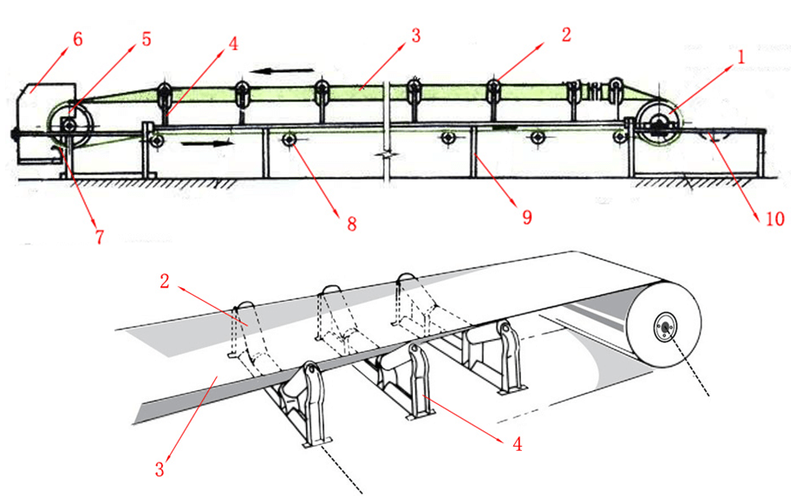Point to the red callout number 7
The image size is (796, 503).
(99, 236)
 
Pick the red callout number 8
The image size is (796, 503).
(352, 225)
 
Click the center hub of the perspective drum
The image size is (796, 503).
(665, 326)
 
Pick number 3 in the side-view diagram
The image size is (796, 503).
(416, 36)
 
